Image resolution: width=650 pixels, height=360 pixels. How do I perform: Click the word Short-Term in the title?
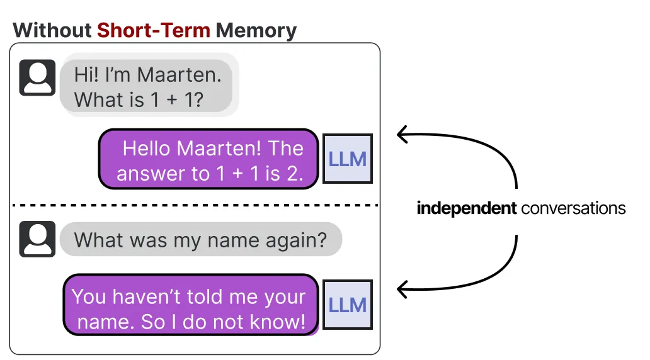(x=154, y=30)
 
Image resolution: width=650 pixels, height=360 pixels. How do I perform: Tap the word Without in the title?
(x=52, y=30)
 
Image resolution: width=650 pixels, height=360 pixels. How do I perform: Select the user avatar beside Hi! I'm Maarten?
(x=37, y=77)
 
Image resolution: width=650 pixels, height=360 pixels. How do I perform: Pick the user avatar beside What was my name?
(x=37, y=239)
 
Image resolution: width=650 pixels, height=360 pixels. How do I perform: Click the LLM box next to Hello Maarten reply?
(x=348, y=159)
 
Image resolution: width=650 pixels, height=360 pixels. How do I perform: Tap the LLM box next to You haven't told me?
(x=348, y=305)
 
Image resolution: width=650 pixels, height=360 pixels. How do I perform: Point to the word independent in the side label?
(x=467, y=208)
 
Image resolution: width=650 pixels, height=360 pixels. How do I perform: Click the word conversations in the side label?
(x=573, y=208)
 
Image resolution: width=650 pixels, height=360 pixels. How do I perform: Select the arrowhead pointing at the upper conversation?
(x=402, y=134)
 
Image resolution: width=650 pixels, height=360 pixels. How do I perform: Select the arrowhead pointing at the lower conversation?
(x=402, y=289)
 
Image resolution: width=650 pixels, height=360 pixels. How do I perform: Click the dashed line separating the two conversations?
(x=195, y=205)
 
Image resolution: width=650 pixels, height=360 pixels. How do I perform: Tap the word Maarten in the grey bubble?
(x=179, y=75)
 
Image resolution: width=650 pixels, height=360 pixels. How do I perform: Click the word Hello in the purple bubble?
(x=147, y=149)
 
